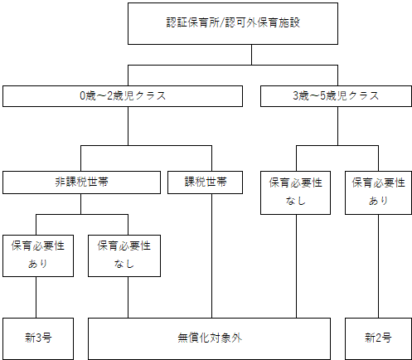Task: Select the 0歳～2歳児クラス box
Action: pos(128,96)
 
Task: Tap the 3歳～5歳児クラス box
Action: pos(336,96)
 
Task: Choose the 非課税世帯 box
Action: pos(80,181)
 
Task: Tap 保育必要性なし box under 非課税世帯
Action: pos(124,255)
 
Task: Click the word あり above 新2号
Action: pos(379,200)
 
